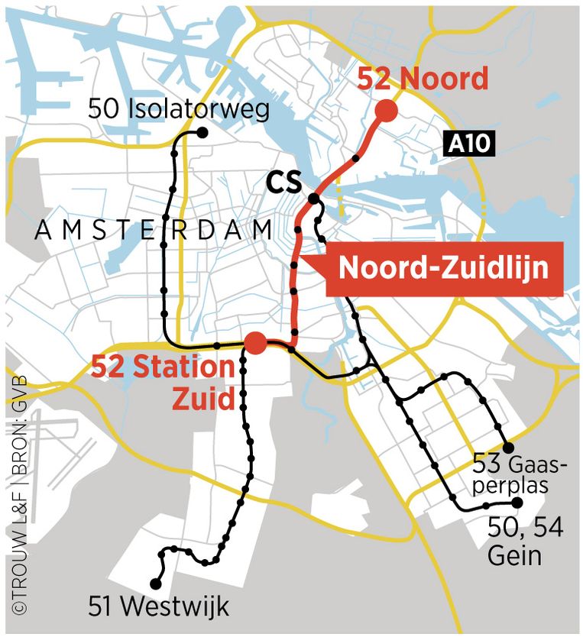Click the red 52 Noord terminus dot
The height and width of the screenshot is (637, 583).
pyautogui.click(x=385, y=111)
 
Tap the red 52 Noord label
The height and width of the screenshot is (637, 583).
pyautogui.click(x=423, y=79)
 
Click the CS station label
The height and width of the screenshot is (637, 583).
pyautogui.click(x=283, y=183)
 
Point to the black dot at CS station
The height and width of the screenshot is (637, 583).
pyautogui.click(x=313, y=199)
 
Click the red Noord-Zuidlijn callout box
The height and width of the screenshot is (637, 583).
pyautogui.click(x=444, y=268)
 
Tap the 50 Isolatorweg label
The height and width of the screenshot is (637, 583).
pyautogui.click(x=179, y=108)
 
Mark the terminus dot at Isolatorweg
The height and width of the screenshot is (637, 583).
pyautogui.click(x=203, y=132)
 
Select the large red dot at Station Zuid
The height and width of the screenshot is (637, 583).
pyautogui.click(x=255, y=343)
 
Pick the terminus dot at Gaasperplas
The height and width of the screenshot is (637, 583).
pyautogui.click(x=507, y=448)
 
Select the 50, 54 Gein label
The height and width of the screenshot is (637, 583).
pyautogui.click(x=526, y=541)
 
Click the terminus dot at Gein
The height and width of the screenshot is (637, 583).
pyautogui.click(x=517, y=503)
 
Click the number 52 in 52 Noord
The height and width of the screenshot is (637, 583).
pyautogui.click(x=374, y=79)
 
